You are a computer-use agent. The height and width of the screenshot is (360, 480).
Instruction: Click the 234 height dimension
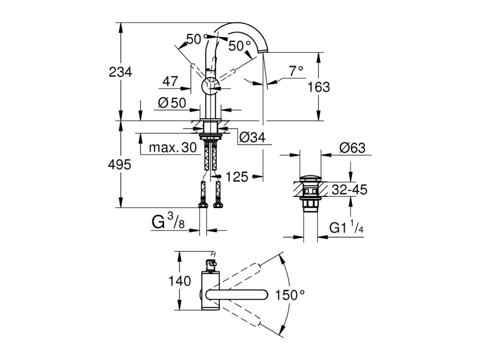pos(120,73)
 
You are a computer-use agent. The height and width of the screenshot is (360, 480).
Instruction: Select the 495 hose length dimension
pos(120,165)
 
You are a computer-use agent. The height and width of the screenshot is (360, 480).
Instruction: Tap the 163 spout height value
pos(319,87)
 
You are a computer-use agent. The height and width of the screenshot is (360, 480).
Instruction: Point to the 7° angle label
pos(296,71)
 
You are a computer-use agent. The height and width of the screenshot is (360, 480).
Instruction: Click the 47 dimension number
pos(170,82)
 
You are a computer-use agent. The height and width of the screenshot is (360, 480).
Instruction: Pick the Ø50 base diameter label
pos(172,103)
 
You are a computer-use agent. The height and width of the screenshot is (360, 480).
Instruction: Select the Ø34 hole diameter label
pos(253,137)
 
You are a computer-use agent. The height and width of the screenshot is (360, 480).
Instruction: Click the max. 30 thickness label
pos(172,148)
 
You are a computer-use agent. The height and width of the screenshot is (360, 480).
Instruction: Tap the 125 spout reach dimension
pos(237,177)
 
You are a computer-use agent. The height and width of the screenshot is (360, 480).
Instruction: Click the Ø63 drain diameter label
pos(352,148)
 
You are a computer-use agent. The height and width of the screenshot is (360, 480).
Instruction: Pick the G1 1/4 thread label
pos(346,228)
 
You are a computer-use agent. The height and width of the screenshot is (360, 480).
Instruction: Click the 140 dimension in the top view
pos(180,281)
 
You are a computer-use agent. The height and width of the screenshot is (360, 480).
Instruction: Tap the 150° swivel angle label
pos(290,295)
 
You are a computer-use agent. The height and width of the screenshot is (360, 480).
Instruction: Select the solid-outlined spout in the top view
pos(237,295)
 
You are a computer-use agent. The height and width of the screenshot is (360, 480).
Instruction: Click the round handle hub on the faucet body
pos(210,85)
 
